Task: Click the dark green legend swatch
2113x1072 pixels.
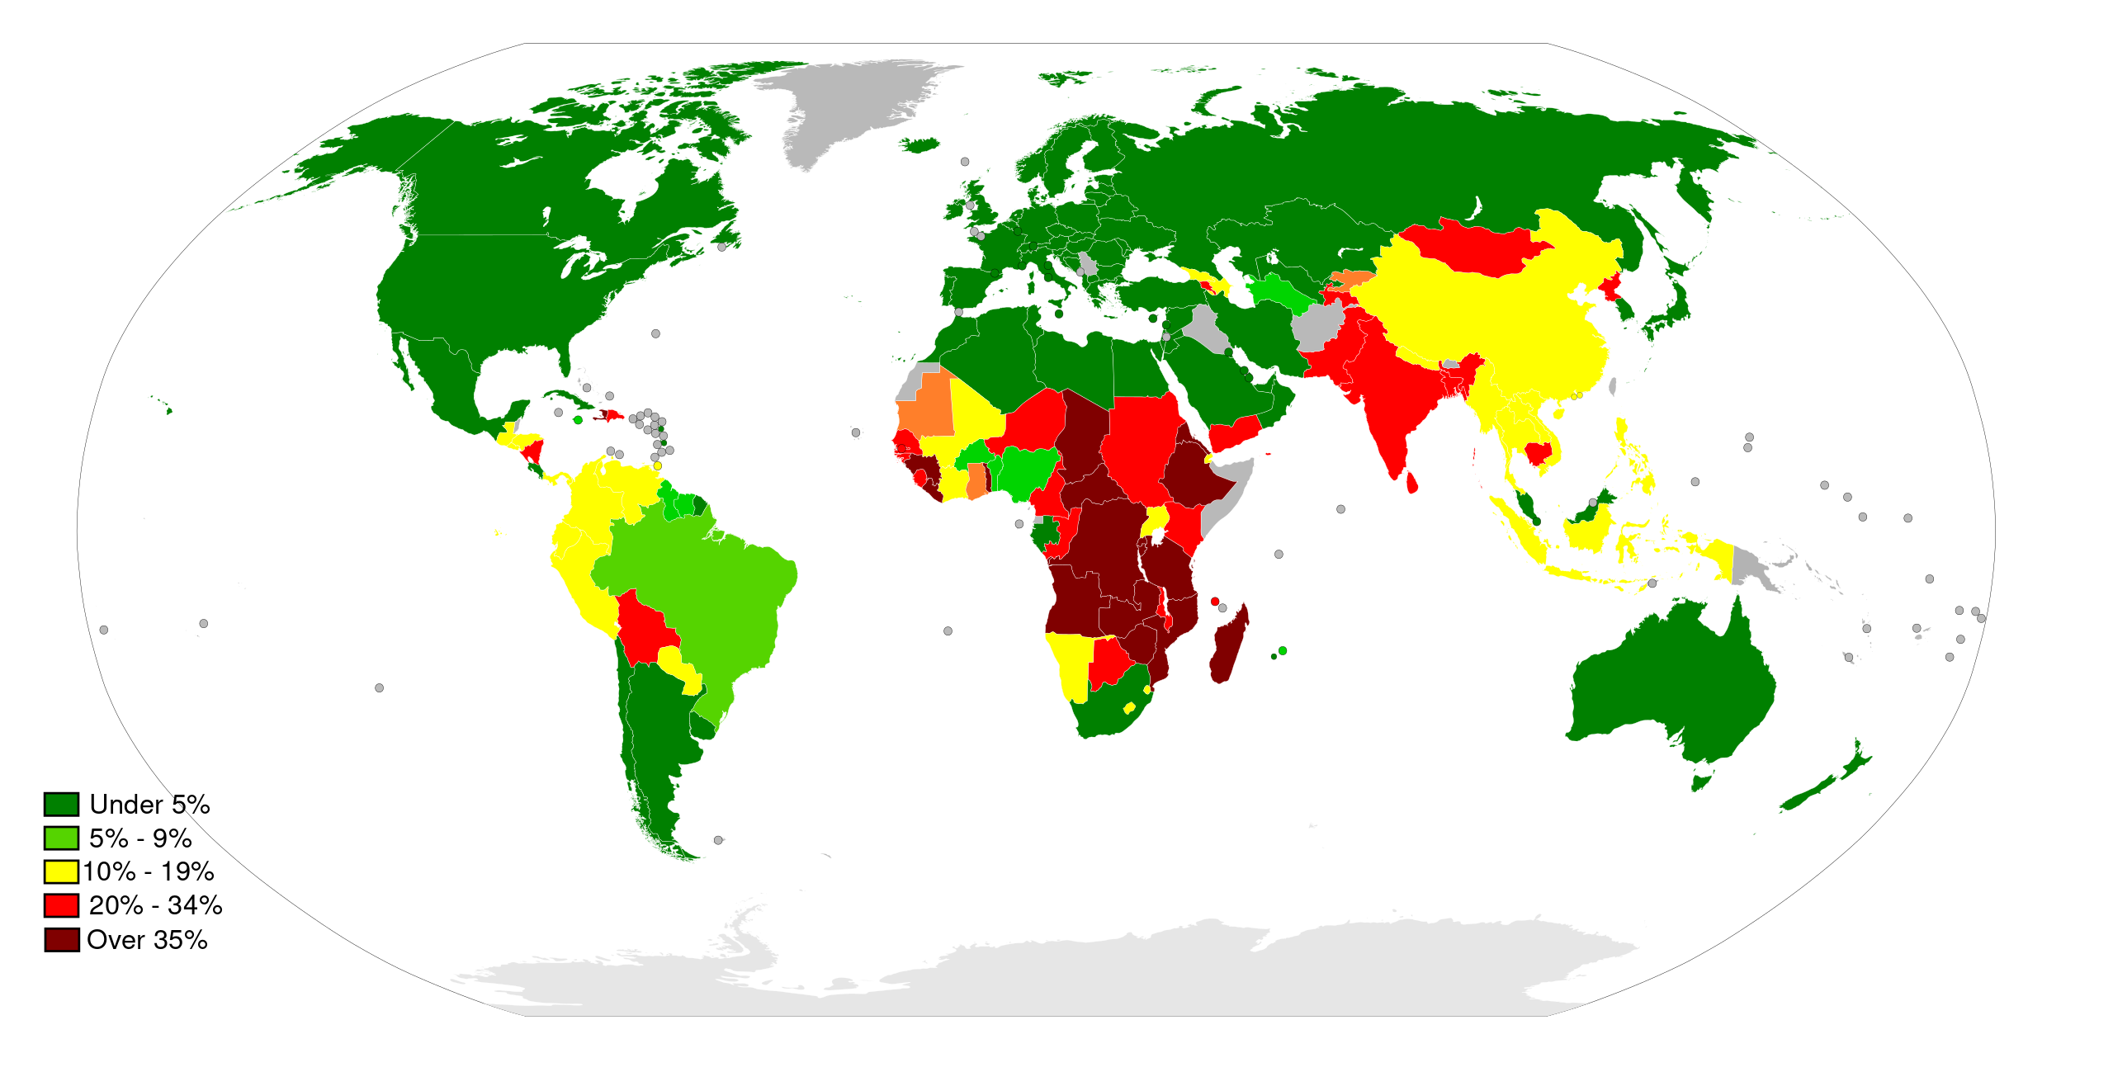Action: pyautogui.click(x=61, y=804)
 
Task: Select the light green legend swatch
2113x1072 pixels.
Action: pyautogui.click(x=61, y=838)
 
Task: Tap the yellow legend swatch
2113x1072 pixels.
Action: pyautogui.click(x=61, y=871)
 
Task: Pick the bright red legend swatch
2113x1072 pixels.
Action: pyautogui.click(x=61, y=905)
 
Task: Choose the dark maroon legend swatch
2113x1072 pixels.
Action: pyautogui.click(x=62, y=940)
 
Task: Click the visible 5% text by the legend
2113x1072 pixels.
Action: pyautogui.click(x=191, y=805)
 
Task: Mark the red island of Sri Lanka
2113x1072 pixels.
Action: pyautogui.click(x=1411, y=482)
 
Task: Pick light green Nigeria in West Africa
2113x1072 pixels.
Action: pyautogui.click(x=1027, y=471)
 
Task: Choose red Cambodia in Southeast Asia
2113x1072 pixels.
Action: pyautogui.click(x=1537, y=453)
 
